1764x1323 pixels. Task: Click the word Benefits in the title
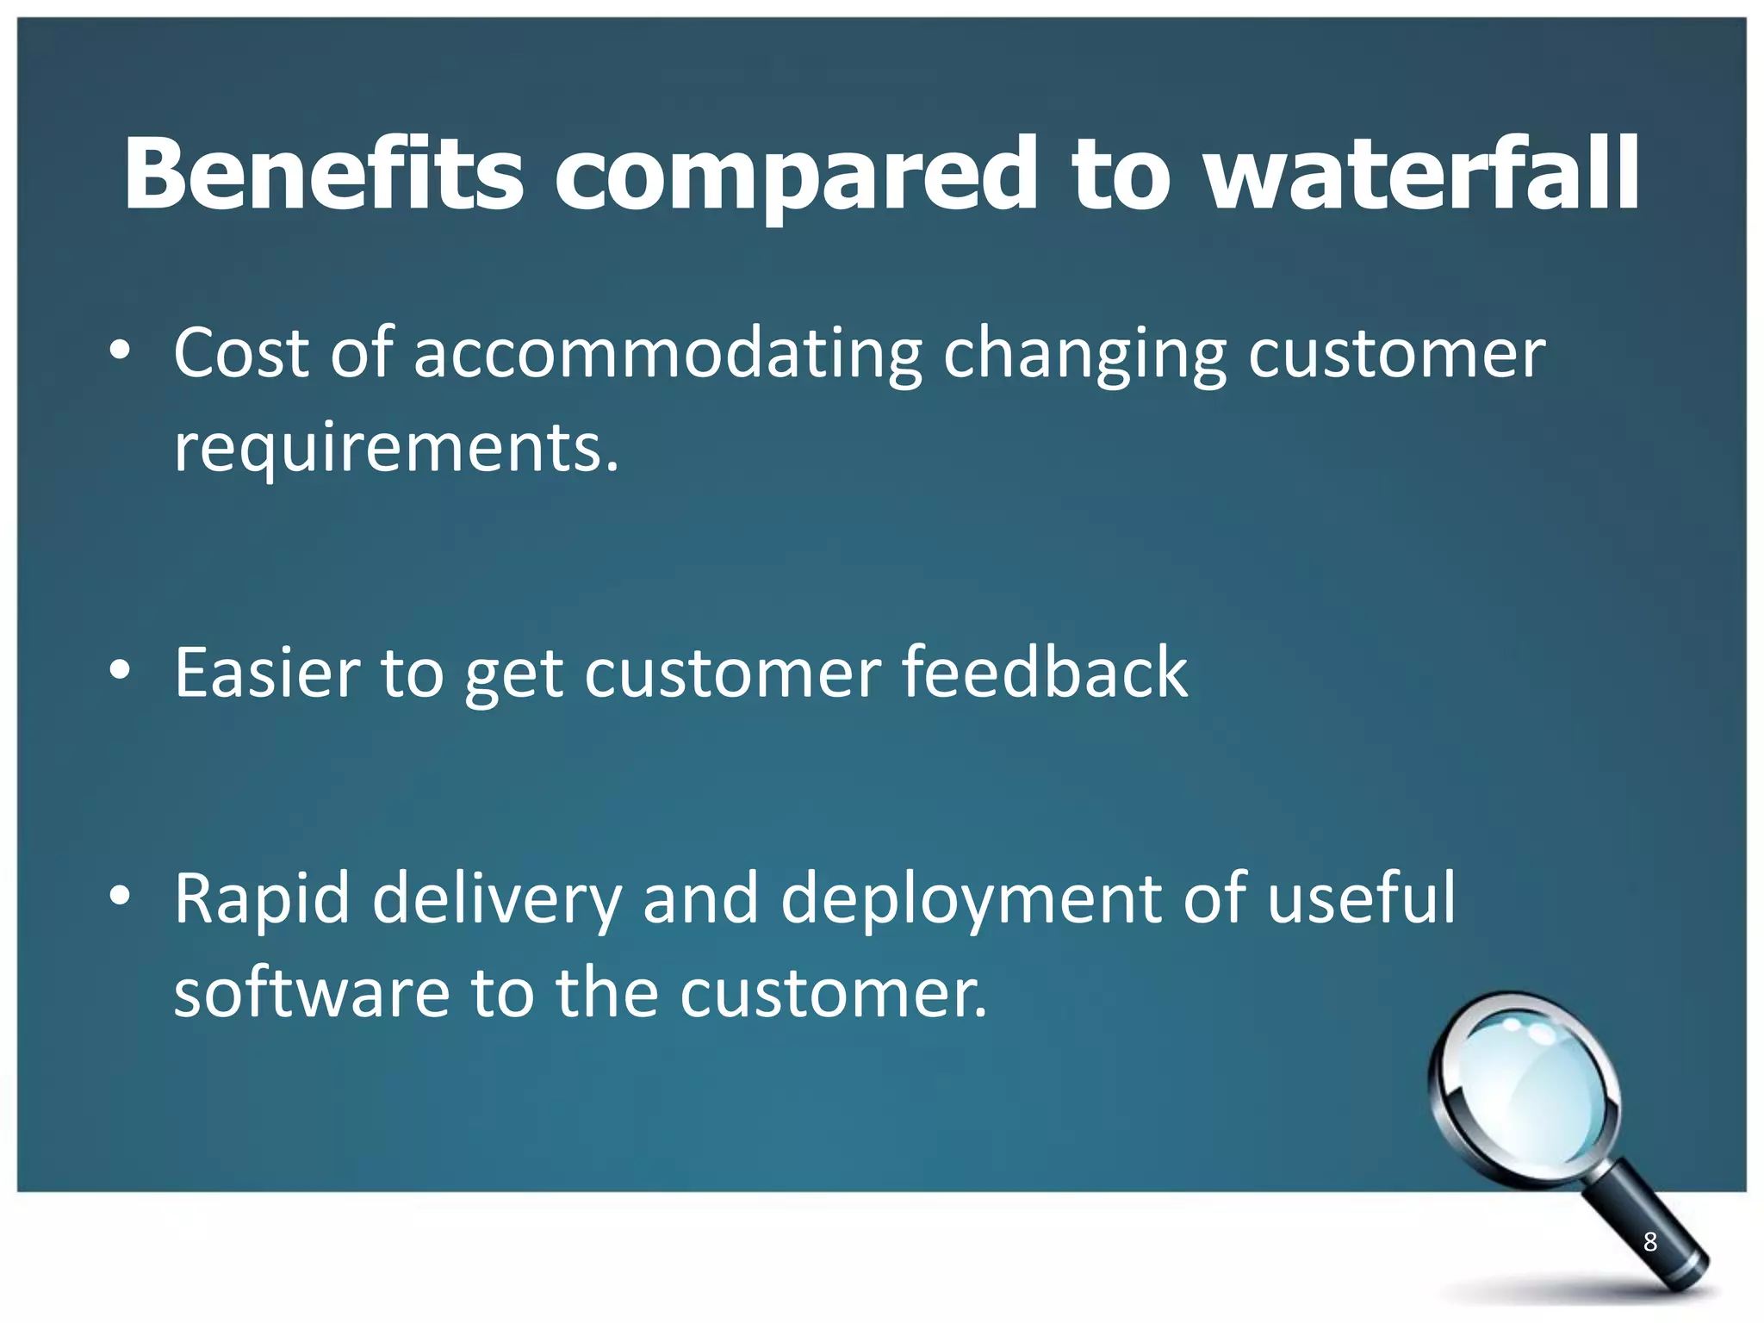(323, 175)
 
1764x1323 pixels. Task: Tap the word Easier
(267, 673)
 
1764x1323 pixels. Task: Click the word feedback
(1044, 673)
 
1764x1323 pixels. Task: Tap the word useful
(1361, 898)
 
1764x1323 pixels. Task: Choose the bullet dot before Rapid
(120, 896)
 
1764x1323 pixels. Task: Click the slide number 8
(1649, 1241)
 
